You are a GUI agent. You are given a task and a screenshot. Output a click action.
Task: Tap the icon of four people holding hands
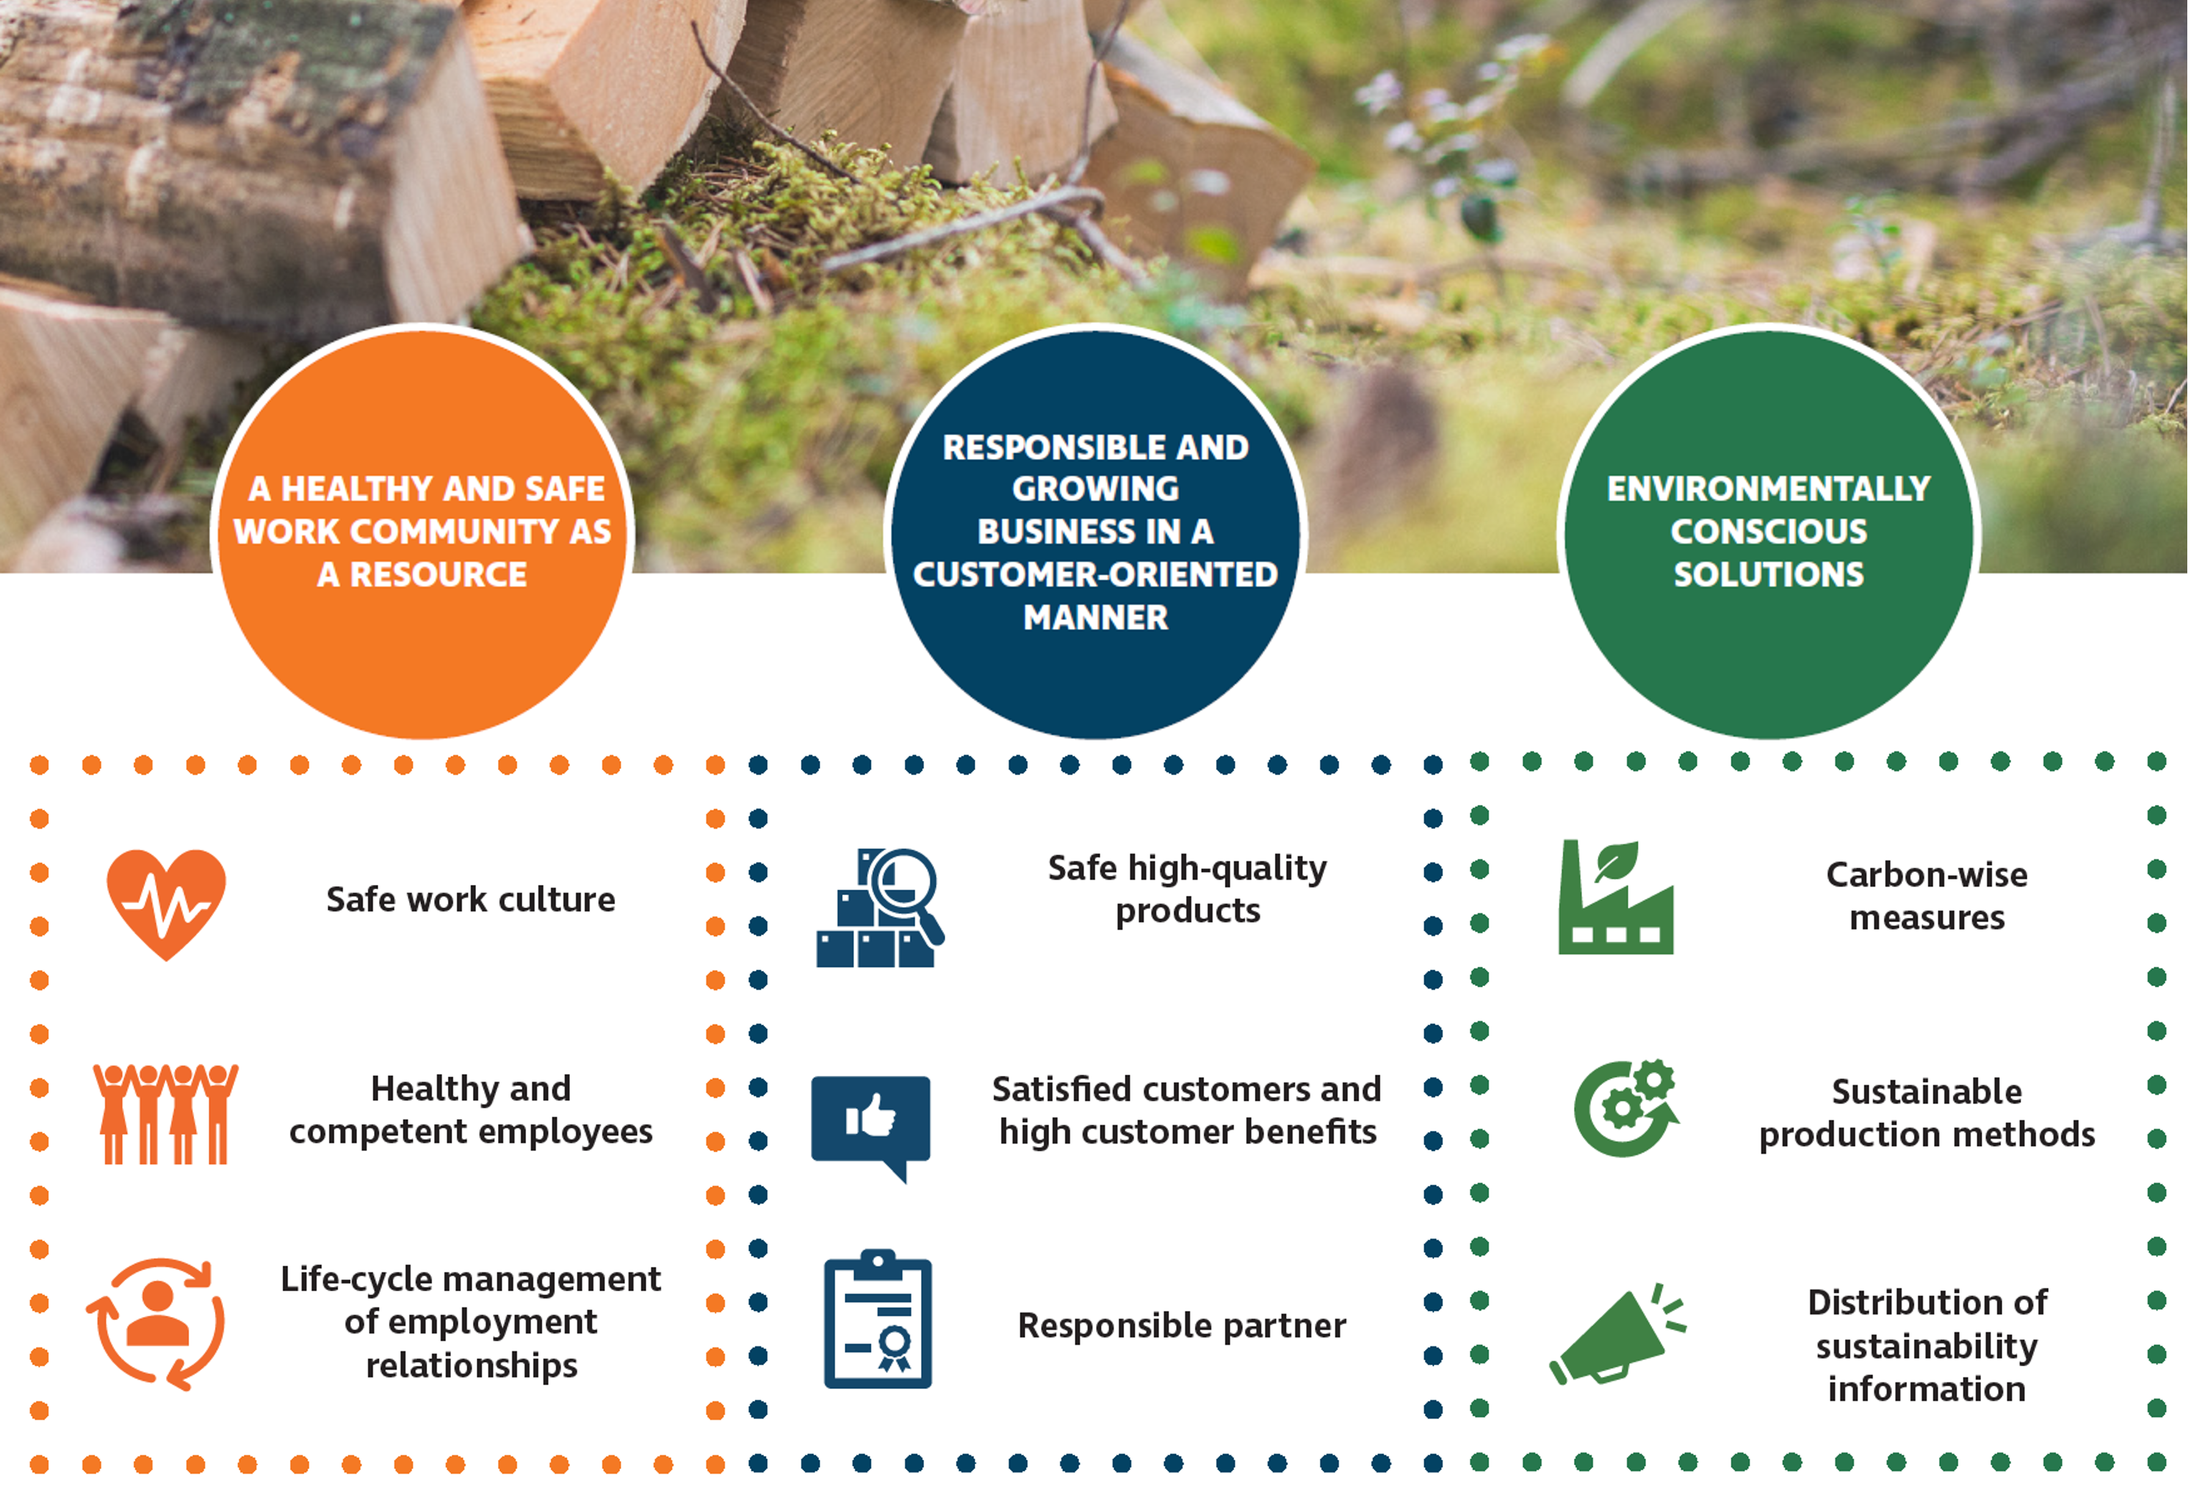pyautogui.click(x=165, y=1114)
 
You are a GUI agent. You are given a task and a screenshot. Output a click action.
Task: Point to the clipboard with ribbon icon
pyautogui.click(x=878, y=1319)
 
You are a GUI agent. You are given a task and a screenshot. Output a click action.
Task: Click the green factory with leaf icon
pyautogui.click(x=1615, y=897)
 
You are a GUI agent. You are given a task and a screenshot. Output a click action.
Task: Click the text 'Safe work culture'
pyautogui.click(x=470, y=900)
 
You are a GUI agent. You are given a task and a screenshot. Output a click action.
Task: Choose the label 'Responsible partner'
pyautogui.click(x=1182, y=1326)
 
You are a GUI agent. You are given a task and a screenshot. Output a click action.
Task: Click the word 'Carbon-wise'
pyautogui.click(x=1927, y=875)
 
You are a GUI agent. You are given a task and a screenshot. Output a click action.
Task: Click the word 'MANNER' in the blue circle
pyautogui.click(x=1096, y=618)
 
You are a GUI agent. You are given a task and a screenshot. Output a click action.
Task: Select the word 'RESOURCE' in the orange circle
pyautogui.click(x=439, y=575)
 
